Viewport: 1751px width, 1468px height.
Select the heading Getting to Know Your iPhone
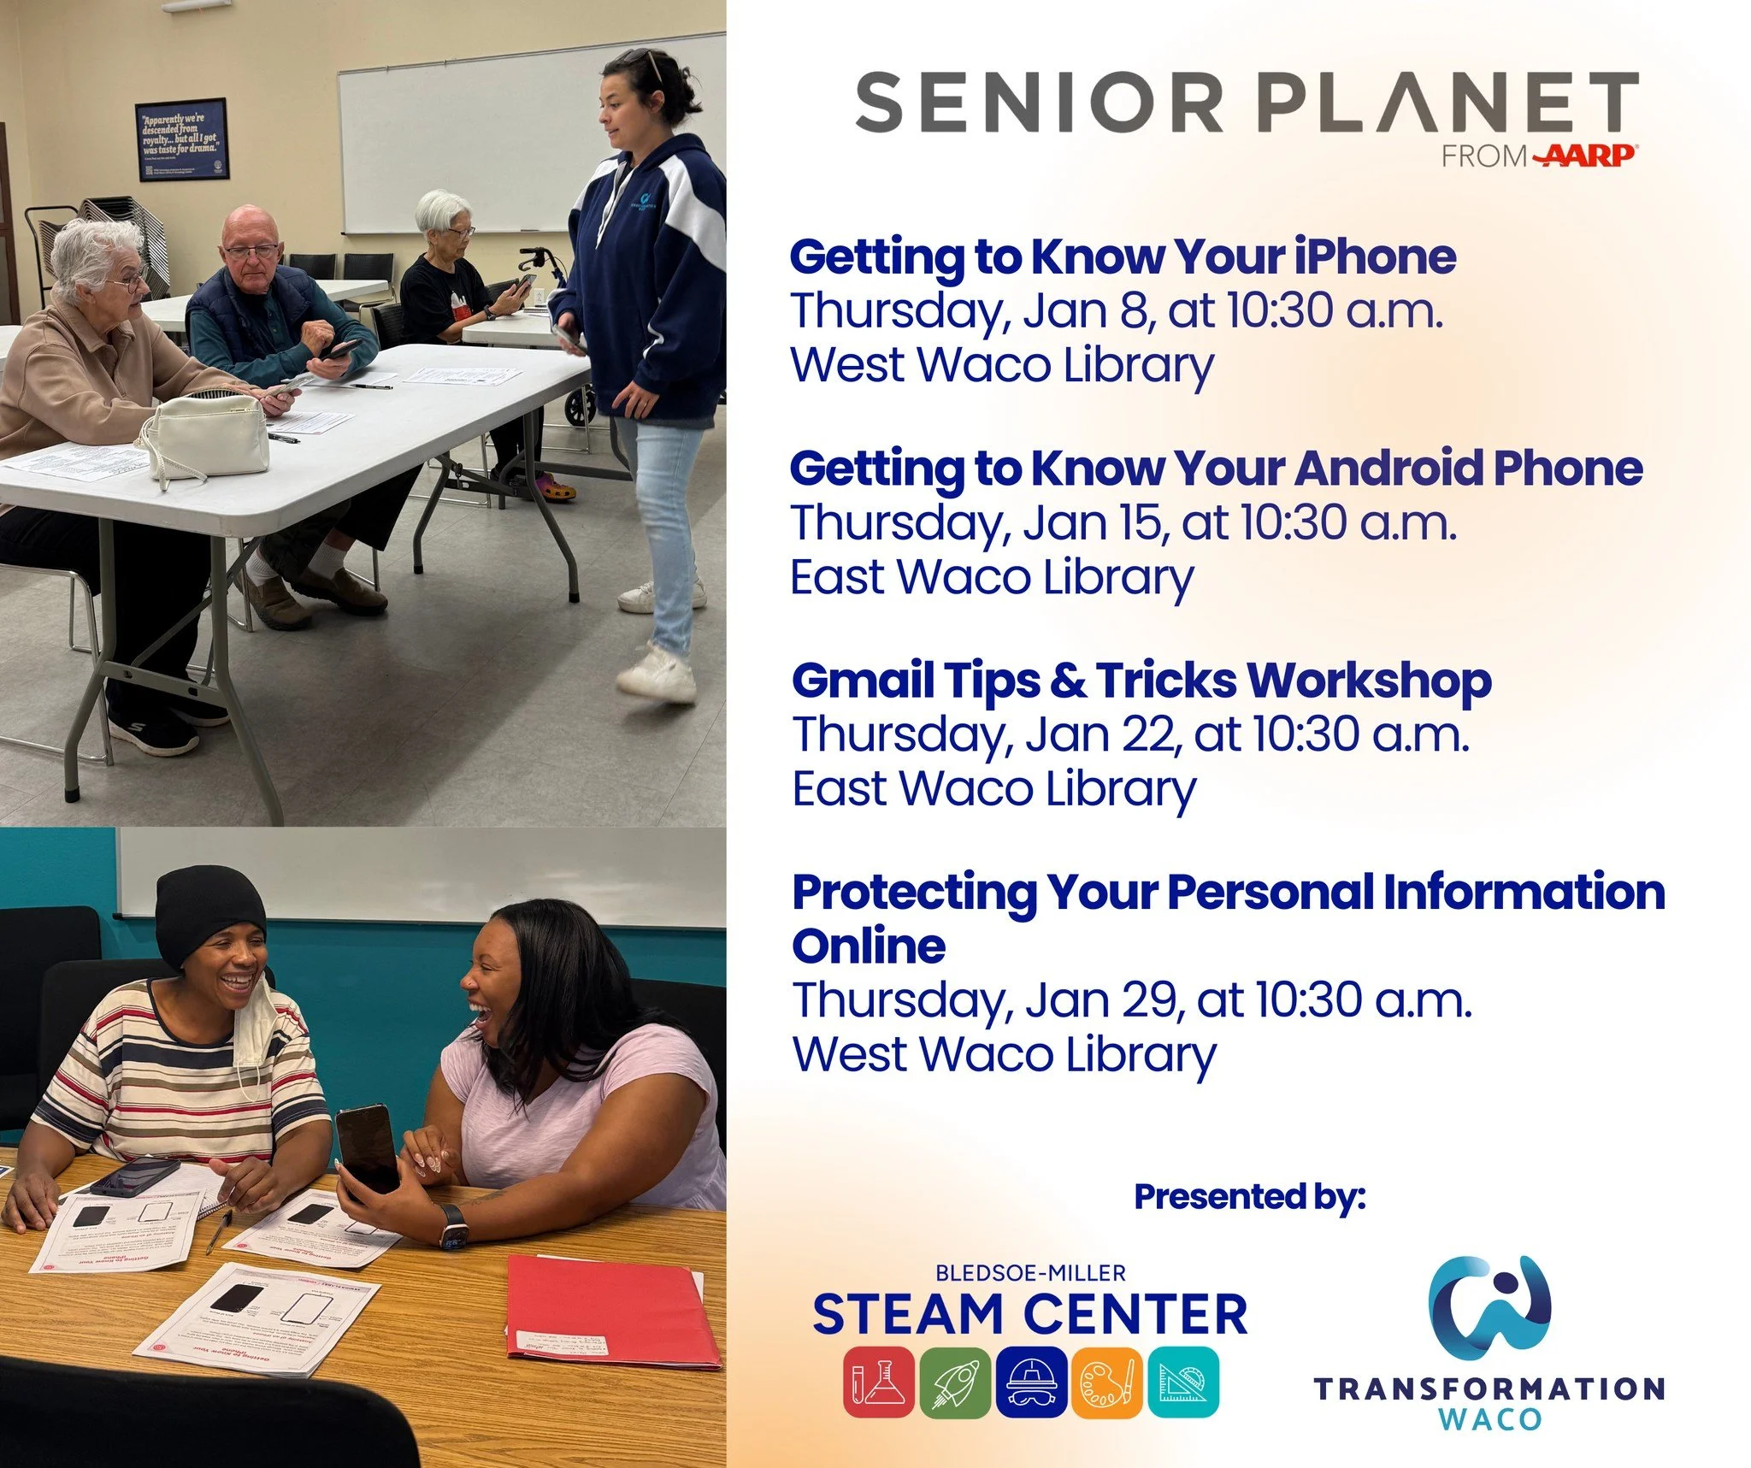[x=1122, y=256]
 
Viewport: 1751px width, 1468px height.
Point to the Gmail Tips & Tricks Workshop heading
[x=1141, y=681]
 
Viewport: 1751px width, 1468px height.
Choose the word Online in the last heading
[x=869, y=946]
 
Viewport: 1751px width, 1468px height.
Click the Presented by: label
[x=1249, y=1196]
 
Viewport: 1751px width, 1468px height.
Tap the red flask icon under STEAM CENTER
[x=878, y=1382]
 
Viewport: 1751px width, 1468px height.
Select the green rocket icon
[x=955, y=1382]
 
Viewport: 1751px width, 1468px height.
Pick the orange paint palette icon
[x=1107, y=1382]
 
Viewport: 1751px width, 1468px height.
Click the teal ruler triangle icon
[x=1183, y=1382]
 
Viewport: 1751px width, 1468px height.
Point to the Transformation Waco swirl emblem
[x=1489, y=1307]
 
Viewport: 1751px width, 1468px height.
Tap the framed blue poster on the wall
[x=181, y=139]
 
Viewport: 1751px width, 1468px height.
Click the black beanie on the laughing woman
[x=210, y=912]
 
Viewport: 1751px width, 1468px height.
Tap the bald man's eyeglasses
[x=251, y=251]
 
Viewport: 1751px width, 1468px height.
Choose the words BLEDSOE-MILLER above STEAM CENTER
[x=1030, y=1273]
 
